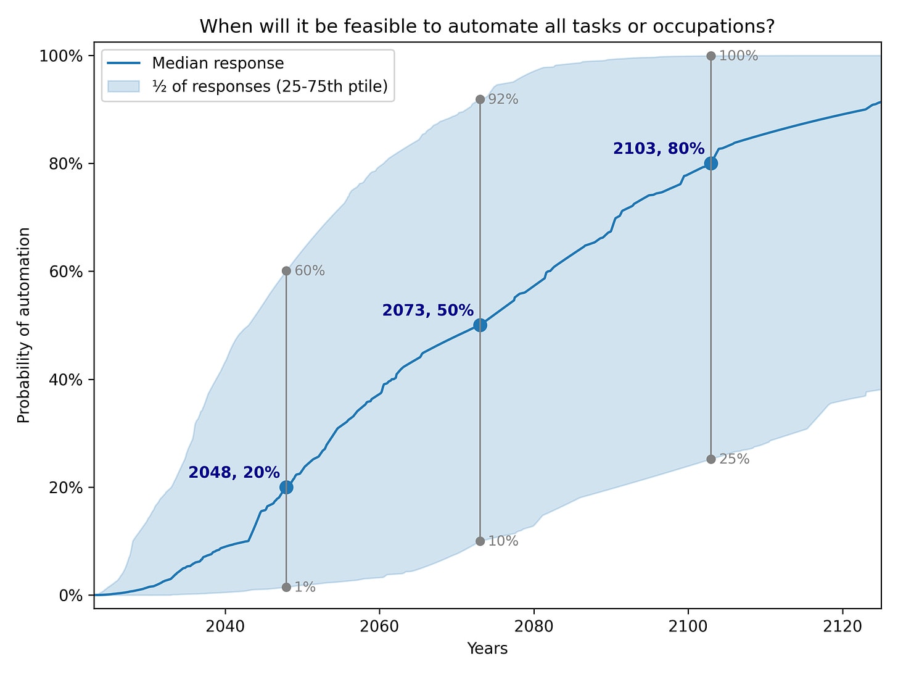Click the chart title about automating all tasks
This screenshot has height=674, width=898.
[487, 27]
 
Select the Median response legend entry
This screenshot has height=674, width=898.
[218, 64]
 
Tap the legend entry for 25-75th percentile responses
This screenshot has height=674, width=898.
[270, 86]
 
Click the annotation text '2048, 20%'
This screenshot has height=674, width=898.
[234, 472]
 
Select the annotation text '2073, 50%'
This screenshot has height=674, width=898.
[427, 310]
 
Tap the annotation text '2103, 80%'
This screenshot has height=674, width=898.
[658, 149]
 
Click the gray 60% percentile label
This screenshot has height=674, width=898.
[310, 271]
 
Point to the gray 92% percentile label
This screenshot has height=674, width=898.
[503, 99]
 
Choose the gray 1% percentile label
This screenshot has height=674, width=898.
[305, 587]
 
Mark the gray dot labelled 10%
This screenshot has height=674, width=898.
[480, 541]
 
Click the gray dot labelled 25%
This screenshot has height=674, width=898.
[711, 459]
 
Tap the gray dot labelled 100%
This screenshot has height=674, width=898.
[711, 56]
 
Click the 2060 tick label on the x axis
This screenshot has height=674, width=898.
[379, 626]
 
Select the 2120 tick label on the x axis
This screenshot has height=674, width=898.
[842, 626]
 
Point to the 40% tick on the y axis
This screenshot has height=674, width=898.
[65, 380]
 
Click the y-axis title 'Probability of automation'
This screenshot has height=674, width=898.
[24, 325]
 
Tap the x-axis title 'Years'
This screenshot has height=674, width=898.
[487, 649]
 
